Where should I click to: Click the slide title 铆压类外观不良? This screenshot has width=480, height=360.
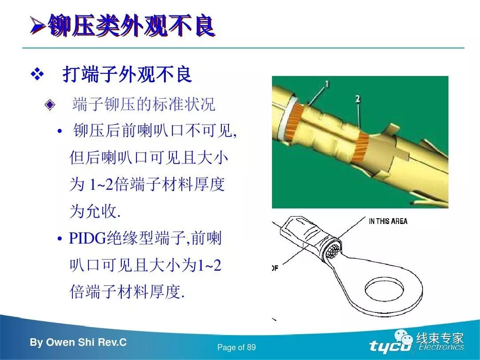(131, 26)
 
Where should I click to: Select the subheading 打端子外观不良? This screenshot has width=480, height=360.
(127, 75)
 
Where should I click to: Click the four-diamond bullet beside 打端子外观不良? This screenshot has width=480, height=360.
(37, 75)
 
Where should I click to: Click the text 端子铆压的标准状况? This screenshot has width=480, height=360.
(144, 104)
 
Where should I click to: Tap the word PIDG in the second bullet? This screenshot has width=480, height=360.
(88, 239)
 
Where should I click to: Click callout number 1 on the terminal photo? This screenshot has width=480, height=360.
(327, 84)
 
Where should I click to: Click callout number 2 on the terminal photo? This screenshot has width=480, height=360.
(358, 100)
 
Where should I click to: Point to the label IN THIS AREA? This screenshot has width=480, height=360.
(388, 221)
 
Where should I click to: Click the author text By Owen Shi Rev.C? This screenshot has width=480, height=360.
(78, 343)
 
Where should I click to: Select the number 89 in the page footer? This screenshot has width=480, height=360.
(251, 348)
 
